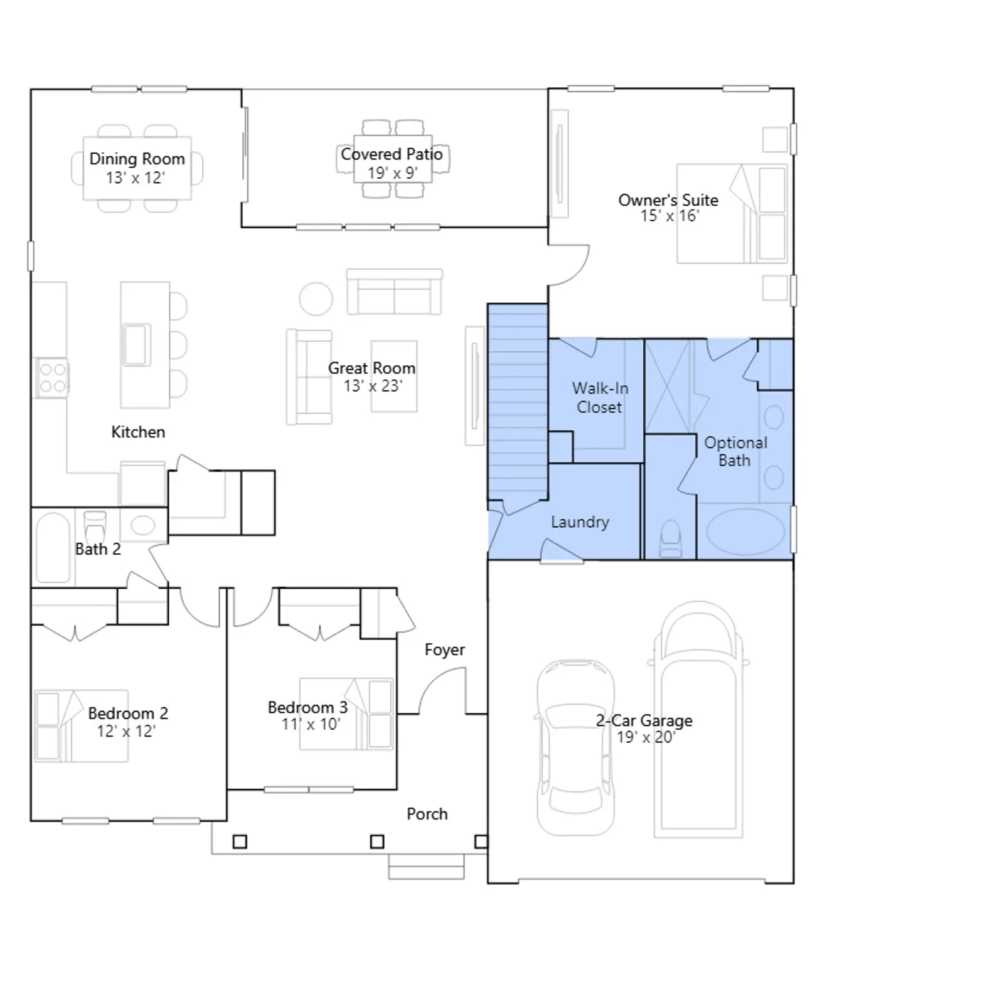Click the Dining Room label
click(x=137, y=159)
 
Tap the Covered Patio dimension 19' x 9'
click(x=392, y=173)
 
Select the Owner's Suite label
click(x=668, y=200)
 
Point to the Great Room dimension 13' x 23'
click(x=372, y=386)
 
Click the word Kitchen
click(x=138, y=432)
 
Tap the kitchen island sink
click(x=137, y=344)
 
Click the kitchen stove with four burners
click(x=52, y=378)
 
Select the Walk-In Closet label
click(x=600, y=398)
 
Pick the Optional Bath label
click(x=735, y=451)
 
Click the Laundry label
click(x=580, y=522)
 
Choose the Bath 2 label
click(x=98, y=549)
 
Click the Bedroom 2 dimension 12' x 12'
click(x=126, y=731)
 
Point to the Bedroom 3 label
click(x=307, y=707)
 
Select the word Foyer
click(x=445, y=649)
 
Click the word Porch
click(x=427, y=814)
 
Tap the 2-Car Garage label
click(x=644, y=720)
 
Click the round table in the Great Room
click(x=316, y=299)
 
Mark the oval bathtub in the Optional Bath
click(x=745, y=531)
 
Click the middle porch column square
click(x=377, y=841)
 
